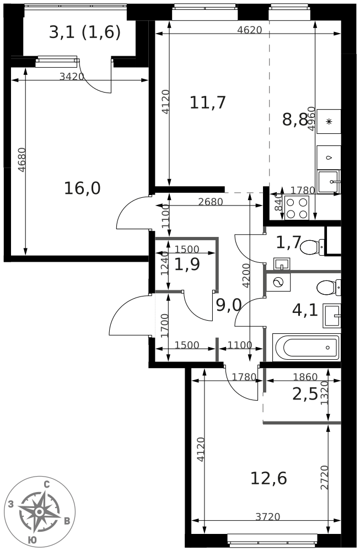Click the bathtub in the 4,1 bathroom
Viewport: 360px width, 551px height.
[306, 348]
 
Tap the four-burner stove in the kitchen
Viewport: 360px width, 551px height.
[297, 208]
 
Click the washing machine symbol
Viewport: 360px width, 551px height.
[278, 283]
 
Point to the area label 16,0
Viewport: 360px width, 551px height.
[82, 188]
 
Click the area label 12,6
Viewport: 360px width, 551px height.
[268, 478]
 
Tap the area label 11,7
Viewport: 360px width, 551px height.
[207, 102]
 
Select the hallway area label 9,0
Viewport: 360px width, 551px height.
[229, 305]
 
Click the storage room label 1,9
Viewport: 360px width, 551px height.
[187, 264]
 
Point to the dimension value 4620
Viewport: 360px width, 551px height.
[250, 30]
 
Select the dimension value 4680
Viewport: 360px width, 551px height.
[22, 160]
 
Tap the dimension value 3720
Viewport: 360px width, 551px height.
[267, 517]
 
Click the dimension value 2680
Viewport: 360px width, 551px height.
[211, 202]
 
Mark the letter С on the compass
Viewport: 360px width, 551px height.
[46, 485]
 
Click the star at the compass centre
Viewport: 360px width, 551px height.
[40, 511]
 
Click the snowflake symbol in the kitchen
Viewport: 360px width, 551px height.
[329, 122]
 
